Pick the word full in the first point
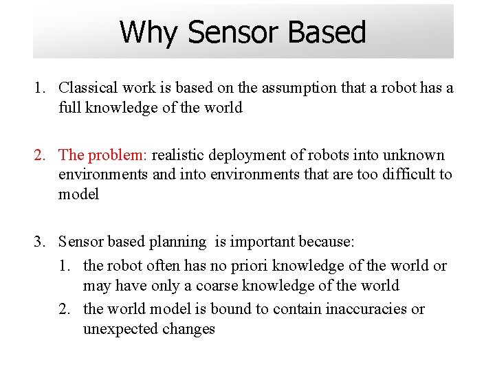pos(69,108)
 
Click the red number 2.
pos(38,155)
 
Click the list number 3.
pos(38,242)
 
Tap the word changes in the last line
pos(188,329)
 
